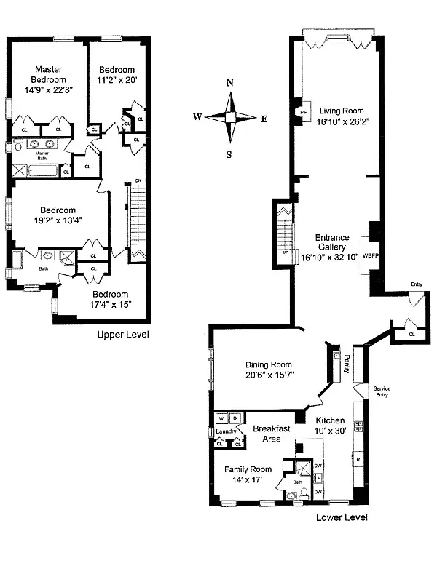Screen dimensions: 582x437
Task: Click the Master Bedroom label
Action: (x=49, y=75)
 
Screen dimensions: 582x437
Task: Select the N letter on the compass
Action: (x=230, y=83)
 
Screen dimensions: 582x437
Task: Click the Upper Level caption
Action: (x=123, y=335)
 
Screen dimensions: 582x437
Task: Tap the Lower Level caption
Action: (x=342, y=517)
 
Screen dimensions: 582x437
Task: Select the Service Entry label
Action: (x=382, y=391)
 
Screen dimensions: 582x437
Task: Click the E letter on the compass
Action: (x=264, y=118)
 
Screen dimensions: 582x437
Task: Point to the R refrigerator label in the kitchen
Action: (x=357, y=461)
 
